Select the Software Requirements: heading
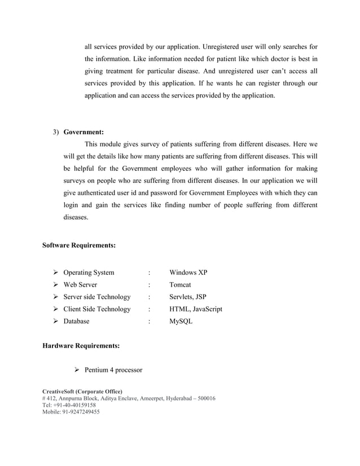point(80,245)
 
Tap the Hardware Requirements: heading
point(81,344)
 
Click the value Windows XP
point(188,273)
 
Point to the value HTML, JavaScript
point(196,309)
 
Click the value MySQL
point(181,322)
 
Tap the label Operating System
point(89,273)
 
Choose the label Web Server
point(80,285)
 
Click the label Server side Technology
point(96,297)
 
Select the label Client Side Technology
point(96,309)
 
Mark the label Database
point(76,322)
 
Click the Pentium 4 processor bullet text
point(113,371)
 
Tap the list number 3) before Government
point(56,133)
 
